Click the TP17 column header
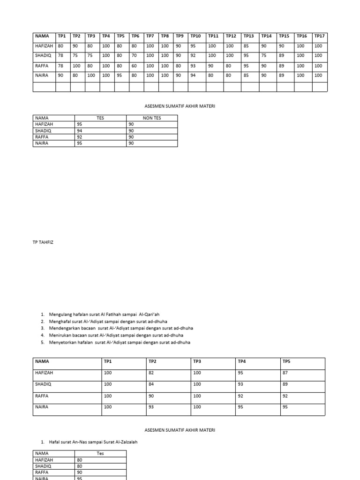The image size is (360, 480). (319, 36)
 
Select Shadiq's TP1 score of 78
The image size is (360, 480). (60, 55)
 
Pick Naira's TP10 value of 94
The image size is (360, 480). (193, 75)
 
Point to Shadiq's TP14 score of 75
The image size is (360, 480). (264, 55)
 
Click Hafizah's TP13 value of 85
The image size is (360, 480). (246, 46)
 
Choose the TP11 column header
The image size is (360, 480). (213, 36)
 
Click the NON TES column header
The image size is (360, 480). (151, 118)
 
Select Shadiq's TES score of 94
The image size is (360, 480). (79, 131)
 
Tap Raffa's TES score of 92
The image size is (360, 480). (79, 137)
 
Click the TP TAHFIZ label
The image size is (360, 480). (43, 242)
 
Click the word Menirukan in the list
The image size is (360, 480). (60, 335)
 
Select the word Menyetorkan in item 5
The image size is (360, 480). (62, 342)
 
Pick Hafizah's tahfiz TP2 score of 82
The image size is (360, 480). (152, 373)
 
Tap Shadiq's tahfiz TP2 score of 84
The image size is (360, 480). (152, 384)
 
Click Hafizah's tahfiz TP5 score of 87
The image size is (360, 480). (285, 373)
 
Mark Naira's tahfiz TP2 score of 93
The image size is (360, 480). (152, 407)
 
